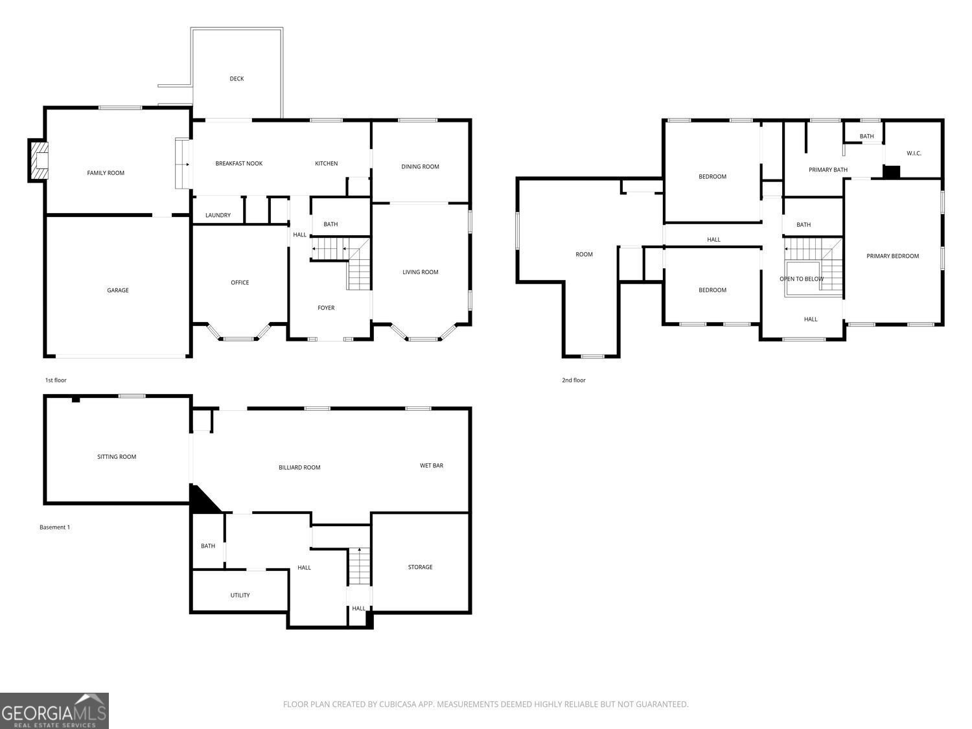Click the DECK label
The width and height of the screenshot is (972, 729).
point(237,79)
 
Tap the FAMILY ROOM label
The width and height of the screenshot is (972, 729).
point(106,173)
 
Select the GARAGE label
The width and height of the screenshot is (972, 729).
point(118,290)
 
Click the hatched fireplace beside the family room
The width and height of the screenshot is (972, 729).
point(38,160)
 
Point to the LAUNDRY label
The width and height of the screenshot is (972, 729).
point(218,215)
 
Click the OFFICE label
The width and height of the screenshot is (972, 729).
point(240,283)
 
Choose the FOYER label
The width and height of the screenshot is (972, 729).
point(326,308)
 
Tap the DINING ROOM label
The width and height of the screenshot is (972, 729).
point(421,167)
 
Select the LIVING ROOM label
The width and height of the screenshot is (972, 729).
point(421,272)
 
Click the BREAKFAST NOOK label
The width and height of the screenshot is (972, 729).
point(239,163)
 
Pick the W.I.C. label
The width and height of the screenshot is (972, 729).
point(914,154)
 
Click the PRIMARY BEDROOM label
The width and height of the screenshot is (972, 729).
point(893,256)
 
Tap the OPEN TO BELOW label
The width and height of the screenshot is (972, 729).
point(802,279)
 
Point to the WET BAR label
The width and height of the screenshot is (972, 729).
point(432,466)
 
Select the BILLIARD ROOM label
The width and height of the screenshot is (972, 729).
point(299,467)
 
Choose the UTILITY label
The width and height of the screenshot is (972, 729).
point(240,596)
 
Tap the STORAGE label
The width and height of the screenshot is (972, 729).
point(421,567)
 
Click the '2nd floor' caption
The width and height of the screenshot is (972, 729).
point(573,380)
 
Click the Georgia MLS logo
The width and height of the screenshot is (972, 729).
point(54,711)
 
